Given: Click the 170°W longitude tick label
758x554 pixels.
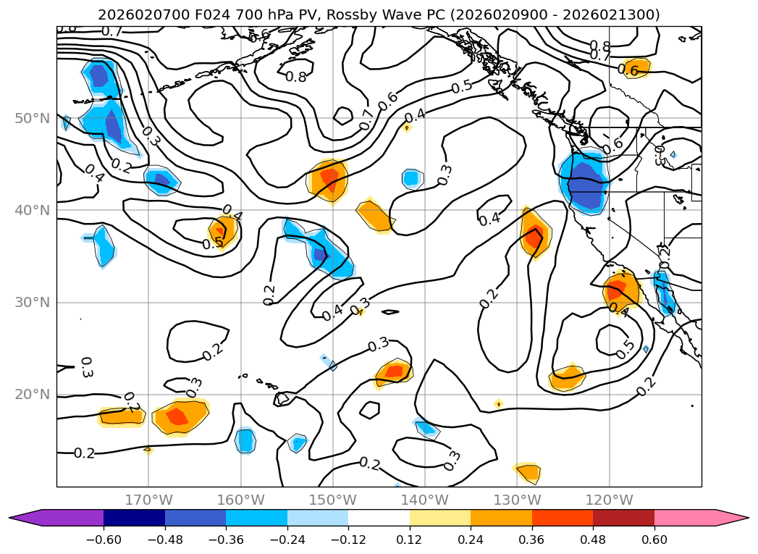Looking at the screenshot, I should coord(148,500).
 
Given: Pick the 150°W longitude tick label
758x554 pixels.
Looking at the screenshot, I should coord(332,500).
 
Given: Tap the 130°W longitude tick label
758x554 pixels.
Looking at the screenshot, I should coord(517,500).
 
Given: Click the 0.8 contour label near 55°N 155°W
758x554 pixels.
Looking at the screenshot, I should coord(295,76).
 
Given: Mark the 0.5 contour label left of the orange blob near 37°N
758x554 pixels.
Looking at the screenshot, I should coord(213,243).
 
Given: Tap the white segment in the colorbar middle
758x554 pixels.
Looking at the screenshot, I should coord(379,517).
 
